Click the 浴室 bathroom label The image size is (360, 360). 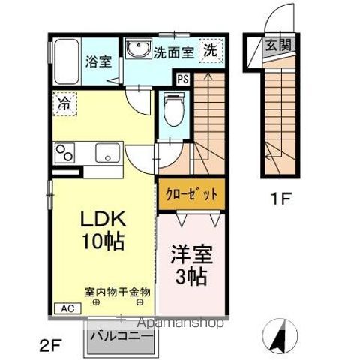(97, 61)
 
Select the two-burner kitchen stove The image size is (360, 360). (63, 154)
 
